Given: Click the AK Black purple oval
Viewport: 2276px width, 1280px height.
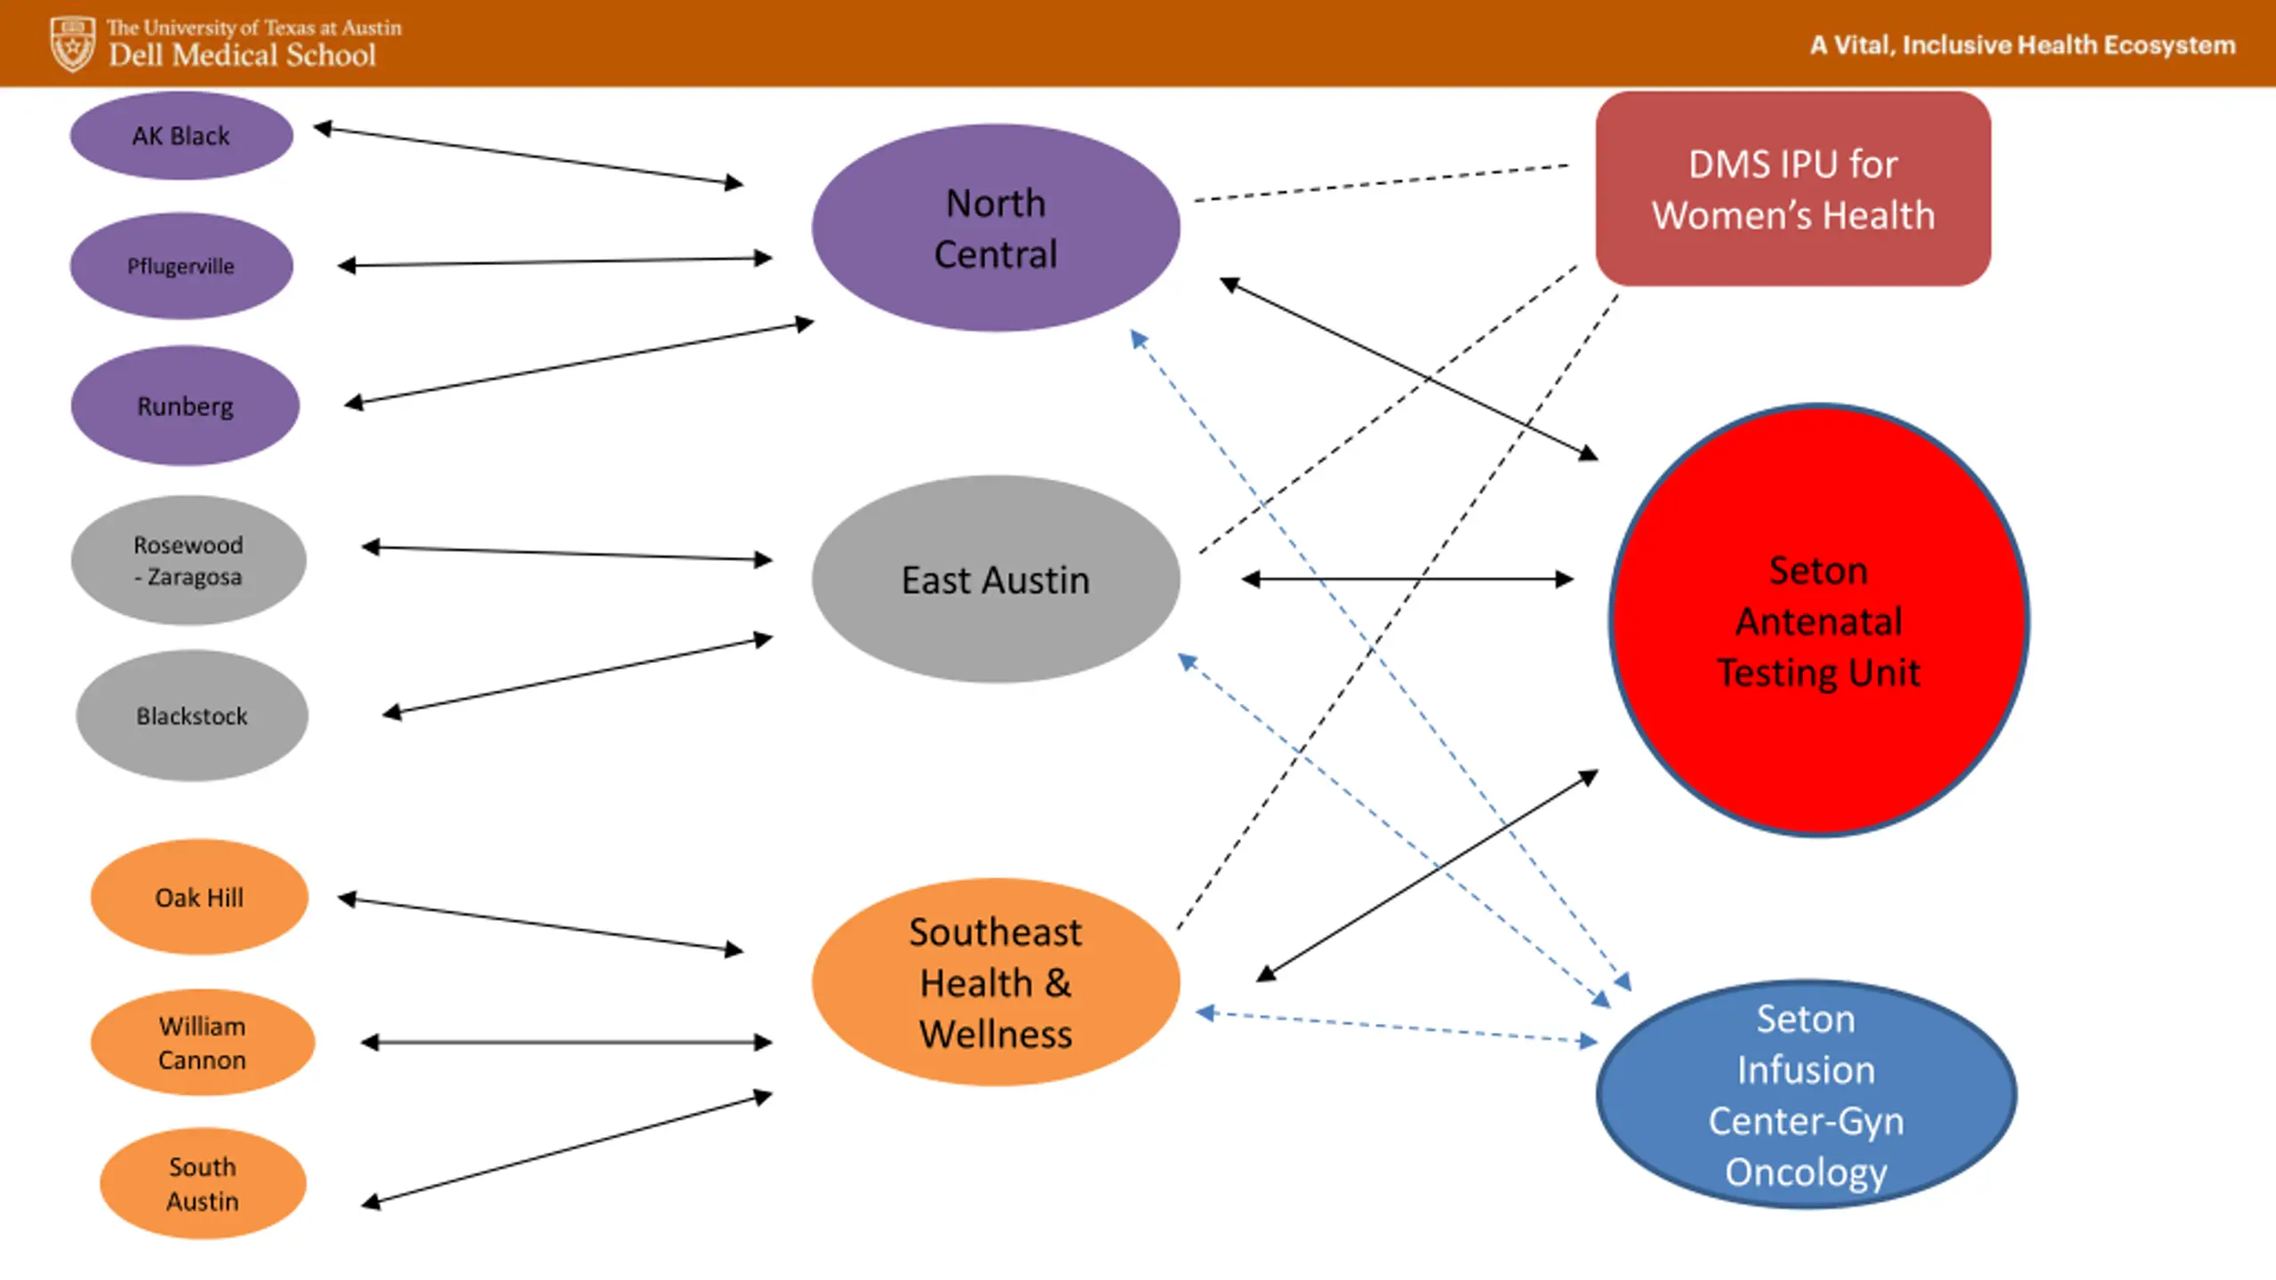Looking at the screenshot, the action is point(181,136).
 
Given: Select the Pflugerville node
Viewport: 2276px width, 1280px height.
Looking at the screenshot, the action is point(181,266).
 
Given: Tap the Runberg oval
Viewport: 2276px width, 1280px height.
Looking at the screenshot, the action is point(185,405).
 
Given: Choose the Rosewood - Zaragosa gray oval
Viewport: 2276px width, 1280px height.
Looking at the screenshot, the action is point(188,560).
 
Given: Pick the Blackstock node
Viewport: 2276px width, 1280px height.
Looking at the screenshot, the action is point(192,716).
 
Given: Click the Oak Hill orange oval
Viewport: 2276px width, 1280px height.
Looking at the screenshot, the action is point(199,897).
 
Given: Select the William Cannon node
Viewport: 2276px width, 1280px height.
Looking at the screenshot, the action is point(203,1043).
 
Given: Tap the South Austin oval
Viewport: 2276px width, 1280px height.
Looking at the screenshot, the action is point(203,1183).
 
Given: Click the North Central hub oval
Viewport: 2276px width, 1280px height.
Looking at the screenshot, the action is point(996,228).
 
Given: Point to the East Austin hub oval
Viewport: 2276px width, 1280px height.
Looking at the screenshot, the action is point(996,580).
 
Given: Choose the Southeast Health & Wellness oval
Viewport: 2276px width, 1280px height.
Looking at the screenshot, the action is point(996,982).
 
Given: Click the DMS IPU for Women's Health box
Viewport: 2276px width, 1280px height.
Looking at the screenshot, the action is point(1793,188).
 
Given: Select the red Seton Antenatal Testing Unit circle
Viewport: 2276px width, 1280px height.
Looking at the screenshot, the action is point(1819,620).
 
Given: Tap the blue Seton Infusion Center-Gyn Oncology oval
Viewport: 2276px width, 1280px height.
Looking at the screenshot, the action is point(1807,1094).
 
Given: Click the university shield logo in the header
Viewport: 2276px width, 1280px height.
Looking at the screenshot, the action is point(72,44).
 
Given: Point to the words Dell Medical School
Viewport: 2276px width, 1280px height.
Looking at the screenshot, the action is point(242,55).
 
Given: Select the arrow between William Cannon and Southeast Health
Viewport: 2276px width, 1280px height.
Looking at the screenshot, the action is point(566,1043).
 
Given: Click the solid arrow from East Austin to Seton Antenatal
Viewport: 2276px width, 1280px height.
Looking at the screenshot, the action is point(1407,580).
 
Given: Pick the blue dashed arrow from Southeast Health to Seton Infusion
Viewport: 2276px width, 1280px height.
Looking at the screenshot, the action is point(1397,1027).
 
